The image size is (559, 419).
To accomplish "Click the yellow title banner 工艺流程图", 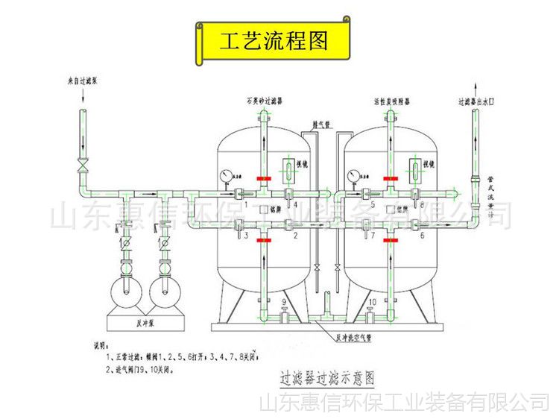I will pos(273,41).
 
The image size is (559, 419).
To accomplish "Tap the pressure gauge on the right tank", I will pos(353,177).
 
